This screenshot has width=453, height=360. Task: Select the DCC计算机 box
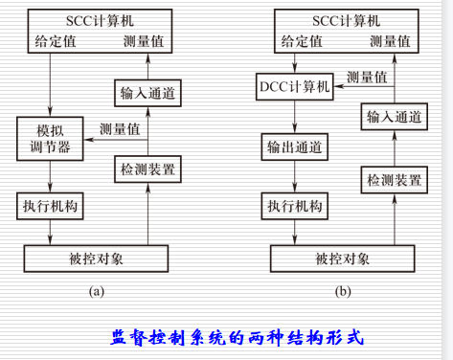(295, 87)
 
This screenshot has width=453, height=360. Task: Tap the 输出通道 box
(295, 146)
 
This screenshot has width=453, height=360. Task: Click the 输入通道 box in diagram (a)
(147, 94)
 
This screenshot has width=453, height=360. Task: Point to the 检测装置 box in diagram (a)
(147, 169)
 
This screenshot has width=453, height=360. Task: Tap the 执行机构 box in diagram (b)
(295, 205)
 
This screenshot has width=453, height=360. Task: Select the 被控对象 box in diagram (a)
(96, 259)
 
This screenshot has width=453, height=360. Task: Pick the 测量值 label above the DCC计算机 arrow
(367, 75)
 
